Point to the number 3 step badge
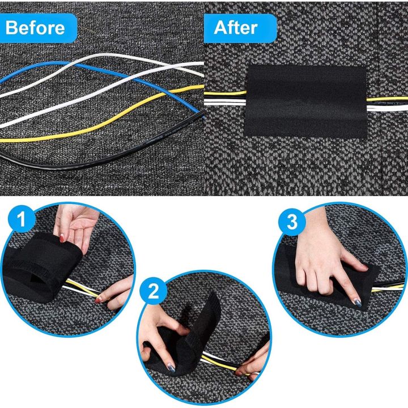pos(292,223)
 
